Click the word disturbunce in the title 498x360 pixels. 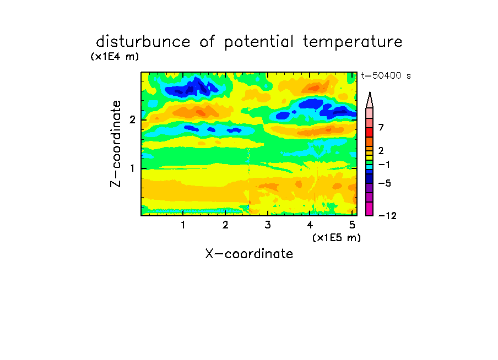coord(143,41)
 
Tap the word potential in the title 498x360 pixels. coord(259,42)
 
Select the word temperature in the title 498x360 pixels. coord(353,42)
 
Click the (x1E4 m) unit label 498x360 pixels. coord(115,57)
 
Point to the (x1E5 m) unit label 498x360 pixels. coord(337,237)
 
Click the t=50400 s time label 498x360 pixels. coord(386,75)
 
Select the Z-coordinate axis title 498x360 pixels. coord(116,144)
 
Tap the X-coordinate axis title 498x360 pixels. coord(249,254)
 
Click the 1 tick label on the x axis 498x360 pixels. coord(183,225)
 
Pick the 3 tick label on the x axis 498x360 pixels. coord(268,225)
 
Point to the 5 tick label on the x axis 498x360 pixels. coord(352,225)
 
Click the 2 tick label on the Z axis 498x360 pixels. coord(132,119)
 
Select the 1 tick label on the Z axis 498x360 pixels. coord(132,168)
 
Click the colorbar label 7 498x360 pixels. coord(381,127)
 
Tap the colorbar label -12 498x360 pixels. coord(387,216)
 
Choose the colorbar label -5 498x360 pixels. coord(385,183)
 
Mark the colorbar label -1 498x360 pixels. coord(384,165)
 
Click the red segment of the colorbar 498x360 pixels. coord(370,132)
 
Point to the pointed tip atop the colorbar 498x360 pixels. coord(370,92)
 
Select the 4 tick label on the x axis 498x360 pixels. coord(310,225)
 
